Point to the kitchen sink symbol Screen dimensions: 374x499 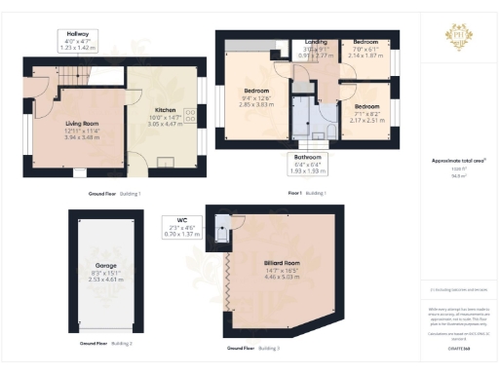167,161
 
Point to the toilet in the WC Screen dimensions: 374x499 223,231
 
